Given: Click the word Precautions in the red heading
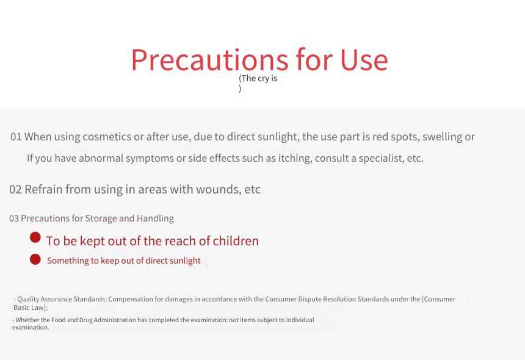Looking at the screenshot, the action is [x=209, y=60].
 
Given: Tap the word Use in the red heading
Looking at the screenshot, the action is [x=364, y=60].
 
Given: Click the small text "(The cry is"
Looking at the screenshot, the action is [x=258, y=78].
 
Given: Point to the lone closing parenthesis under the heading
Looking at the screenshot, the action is [x=240, y=88].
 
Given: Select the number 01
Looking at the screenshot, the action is [x=16, y=137].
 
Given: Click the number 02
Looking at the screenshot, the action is [x=15, y=189].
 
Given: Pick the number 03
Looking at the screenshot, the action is [x=13, y=218].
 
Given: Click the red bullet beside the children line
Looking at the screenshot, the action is [x=35, y=237].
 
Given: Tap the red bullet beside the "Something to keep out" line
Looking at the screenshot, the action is [x=35, y=259].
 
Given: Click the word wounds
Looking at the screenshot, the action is [x=219, y=189].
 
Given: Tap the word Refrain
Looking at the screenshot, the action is [x=43, y=189].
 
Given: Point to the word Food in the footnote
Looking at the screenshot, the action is [x=58, y=320].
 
